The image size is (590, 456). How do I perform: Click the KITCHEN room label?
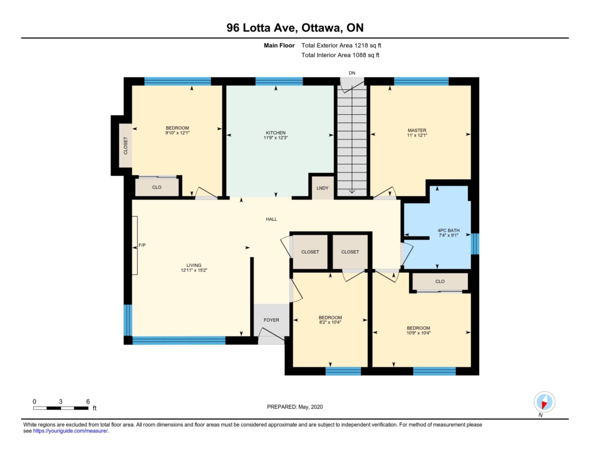tap(276, 133)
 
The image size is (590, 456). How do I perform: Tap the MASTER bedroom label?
tap(417, 130)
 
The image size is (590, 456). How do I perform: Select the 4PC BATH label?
tap(448, 231)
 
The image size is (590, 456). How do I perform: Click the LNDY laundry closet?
tap(323, 188)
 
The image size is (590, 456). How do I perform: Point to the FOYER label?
tap(271, 320)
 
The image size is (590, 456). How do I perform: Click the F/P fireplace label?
tap(142, 245)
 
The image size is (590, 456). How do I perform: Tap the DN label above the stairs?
tap(352, 73)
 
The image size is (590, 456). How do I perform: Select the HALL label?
tap(271, 219)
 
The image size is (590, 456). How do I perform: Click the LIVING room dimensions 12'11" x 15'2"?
tap(194, 270)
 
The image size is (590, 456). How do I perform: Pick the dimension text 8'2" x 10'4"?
tap(330, 322)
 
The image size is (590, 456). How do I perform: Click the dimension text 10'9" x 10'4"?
tap(418, 333)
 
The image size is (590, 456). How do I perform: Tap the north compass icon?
tap(544, 402)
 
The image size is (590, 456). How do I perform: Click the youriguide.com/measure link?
tap(70, 431)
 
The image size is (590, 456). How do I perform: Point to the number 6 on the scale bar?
tap(88, 401)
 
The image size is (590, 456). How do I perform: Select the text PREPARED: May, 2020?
tap(294, 406)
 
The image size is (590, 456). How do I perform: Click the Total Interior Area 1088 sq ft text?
tap(340, 55)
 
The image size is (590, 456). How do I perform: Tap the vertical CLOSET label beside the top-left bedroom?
tap(126, 145)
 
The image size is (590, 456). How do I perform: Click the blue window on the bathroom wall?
tap(475, 244)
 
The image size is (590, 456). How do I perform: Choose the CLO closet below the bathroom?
tap(440, 281)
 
